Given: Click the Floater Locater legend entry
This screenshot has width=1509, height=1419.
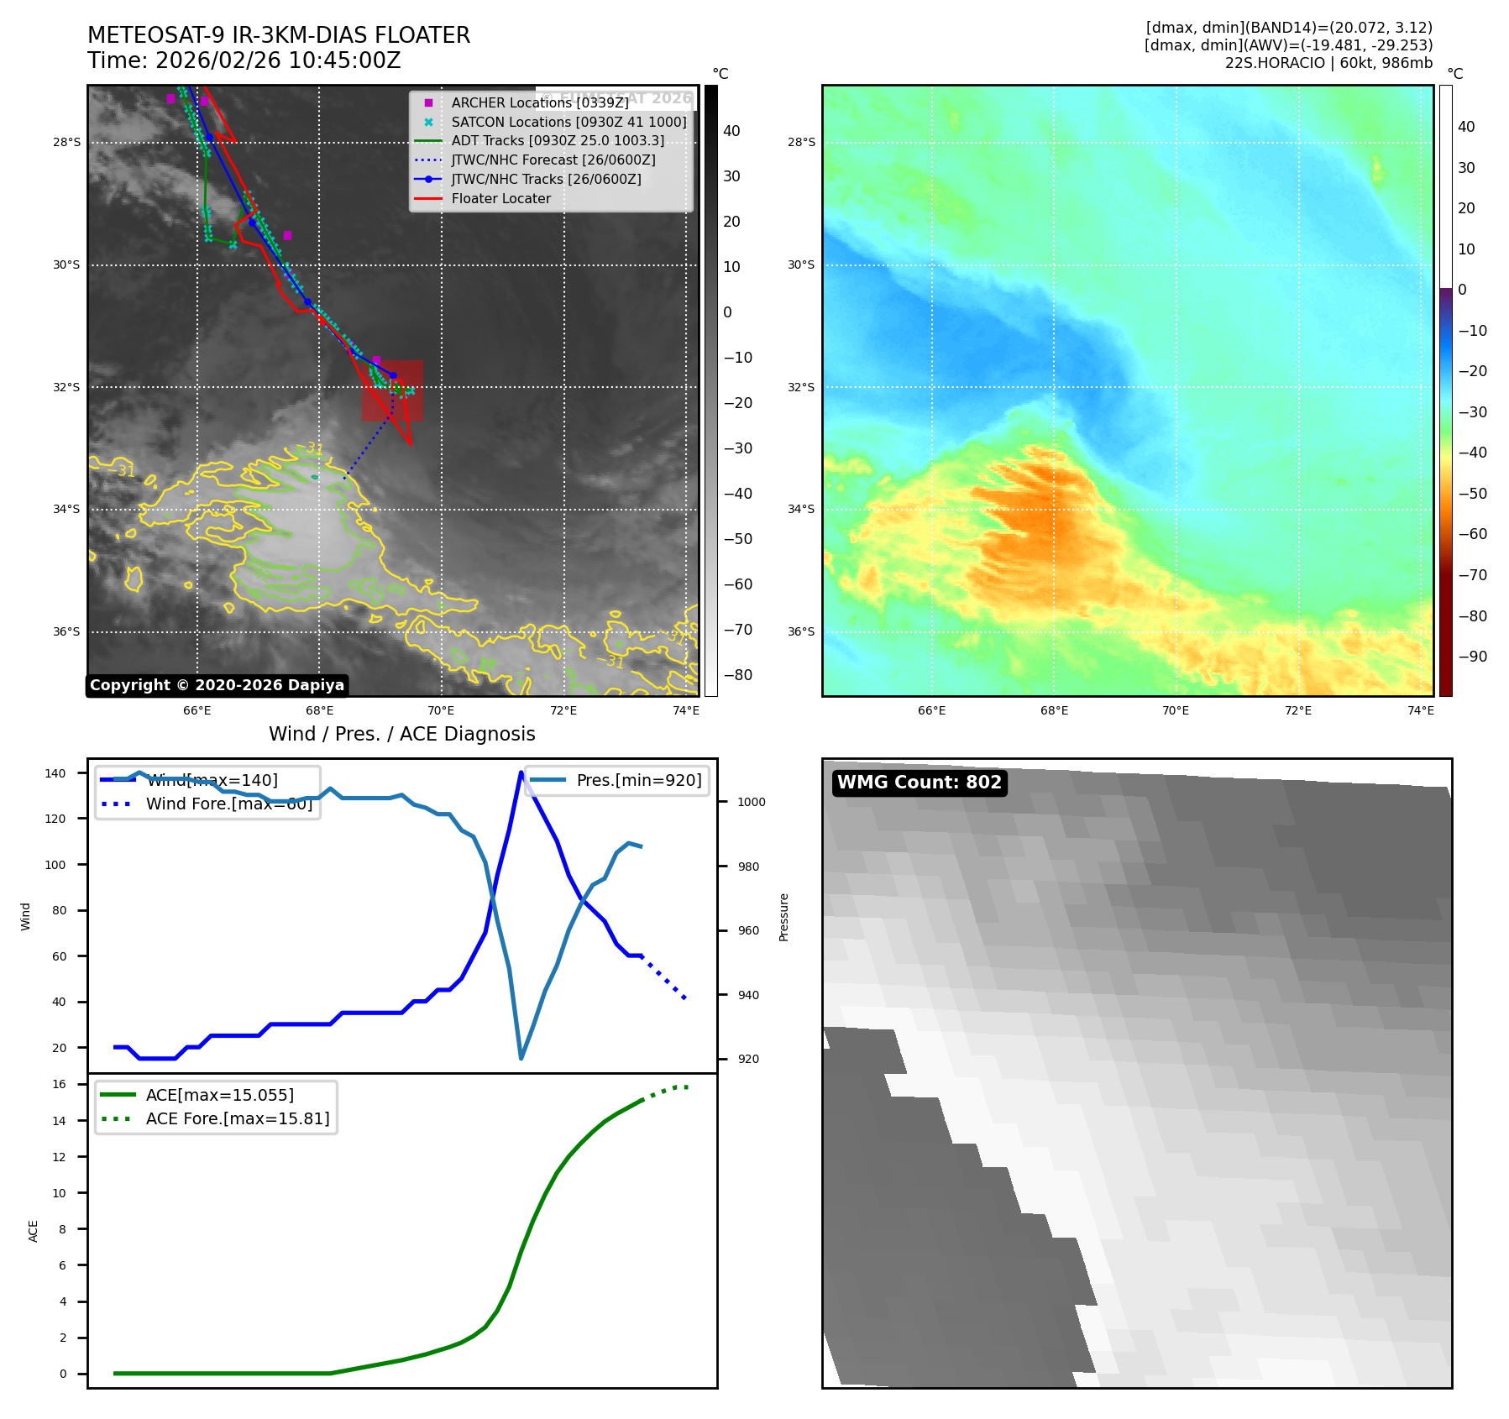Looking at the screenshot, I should pyautogui.click(x=500, y=199).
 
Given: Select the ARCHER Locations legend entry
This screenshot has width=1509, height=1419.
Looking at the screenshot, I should pyautogui.click(x=539, y=102).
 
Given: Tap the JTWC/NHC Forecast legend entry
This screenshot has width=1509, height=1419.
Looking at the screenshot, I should pyautogui.click(x=553, y=160).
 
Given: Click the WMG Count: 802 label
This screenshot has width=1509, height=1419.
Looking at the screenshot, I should pyautogui.click(x=920, y=783).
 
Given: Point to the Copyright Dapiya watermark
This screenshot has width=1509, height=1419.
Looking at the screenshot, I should pyautogui.click(x=217, y=685).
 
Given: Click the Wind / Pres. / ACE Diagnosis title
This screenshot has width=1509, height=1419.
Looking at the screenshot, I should pyautogui.click(x=401, y=734).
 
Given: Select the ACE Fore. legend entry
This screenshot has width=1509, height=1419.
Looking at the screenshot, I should pyautogui.click(x=237, y=1118).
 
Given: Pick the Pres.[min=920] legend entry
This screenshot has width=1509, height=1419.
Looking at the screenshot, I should pyautogui.click(x=638, y=780).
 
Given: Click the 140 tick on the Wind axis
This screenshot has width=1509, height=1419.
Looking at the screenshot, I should pyautogui.click(x=55, y=773).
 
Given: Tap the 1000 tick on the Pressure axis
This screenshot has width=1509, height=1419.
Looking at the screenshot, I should pyautogui.click(x=752, y=802).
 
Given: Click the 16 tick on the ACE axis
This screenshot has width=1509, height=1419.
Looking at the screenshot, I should pyautogui.click(x=60, y=1084).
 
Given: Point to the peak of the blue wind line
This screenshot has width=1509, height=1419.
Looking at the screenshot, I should pyautogui.click(x=521, y=772).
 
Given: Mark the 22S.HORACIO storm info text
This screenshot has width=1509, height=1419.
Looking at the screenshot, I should pyautogui.click(x=1328, y=63).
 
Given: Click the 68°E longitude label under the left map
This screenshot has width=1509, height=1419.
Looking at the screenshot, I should pyautogui.click(x=319, y=710).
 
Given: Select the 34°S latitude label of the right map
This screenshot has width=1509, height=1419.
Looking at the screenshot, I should pyautogui.click(x=800, y=509).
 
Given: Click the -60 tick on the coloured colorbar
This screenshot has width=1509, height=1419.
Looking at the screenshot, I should pyautogui.click(x=1472, y=534).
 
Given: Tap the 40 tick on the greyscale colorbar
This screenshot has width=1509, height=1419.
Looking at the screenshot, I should pyautogui.click(x=731, y=131).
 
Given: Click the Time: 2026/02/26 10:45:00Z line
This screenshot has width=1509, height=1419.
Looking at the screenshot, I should pyautogui.click(x=244, y=60).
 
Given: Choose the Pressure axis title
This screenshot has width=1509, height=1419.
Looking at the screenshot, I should pyautogui.click(x=783, y=917).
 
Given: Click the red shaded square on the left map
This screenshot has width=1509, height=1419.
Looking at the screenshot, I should pyautogui.click(x=392, y=391).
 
